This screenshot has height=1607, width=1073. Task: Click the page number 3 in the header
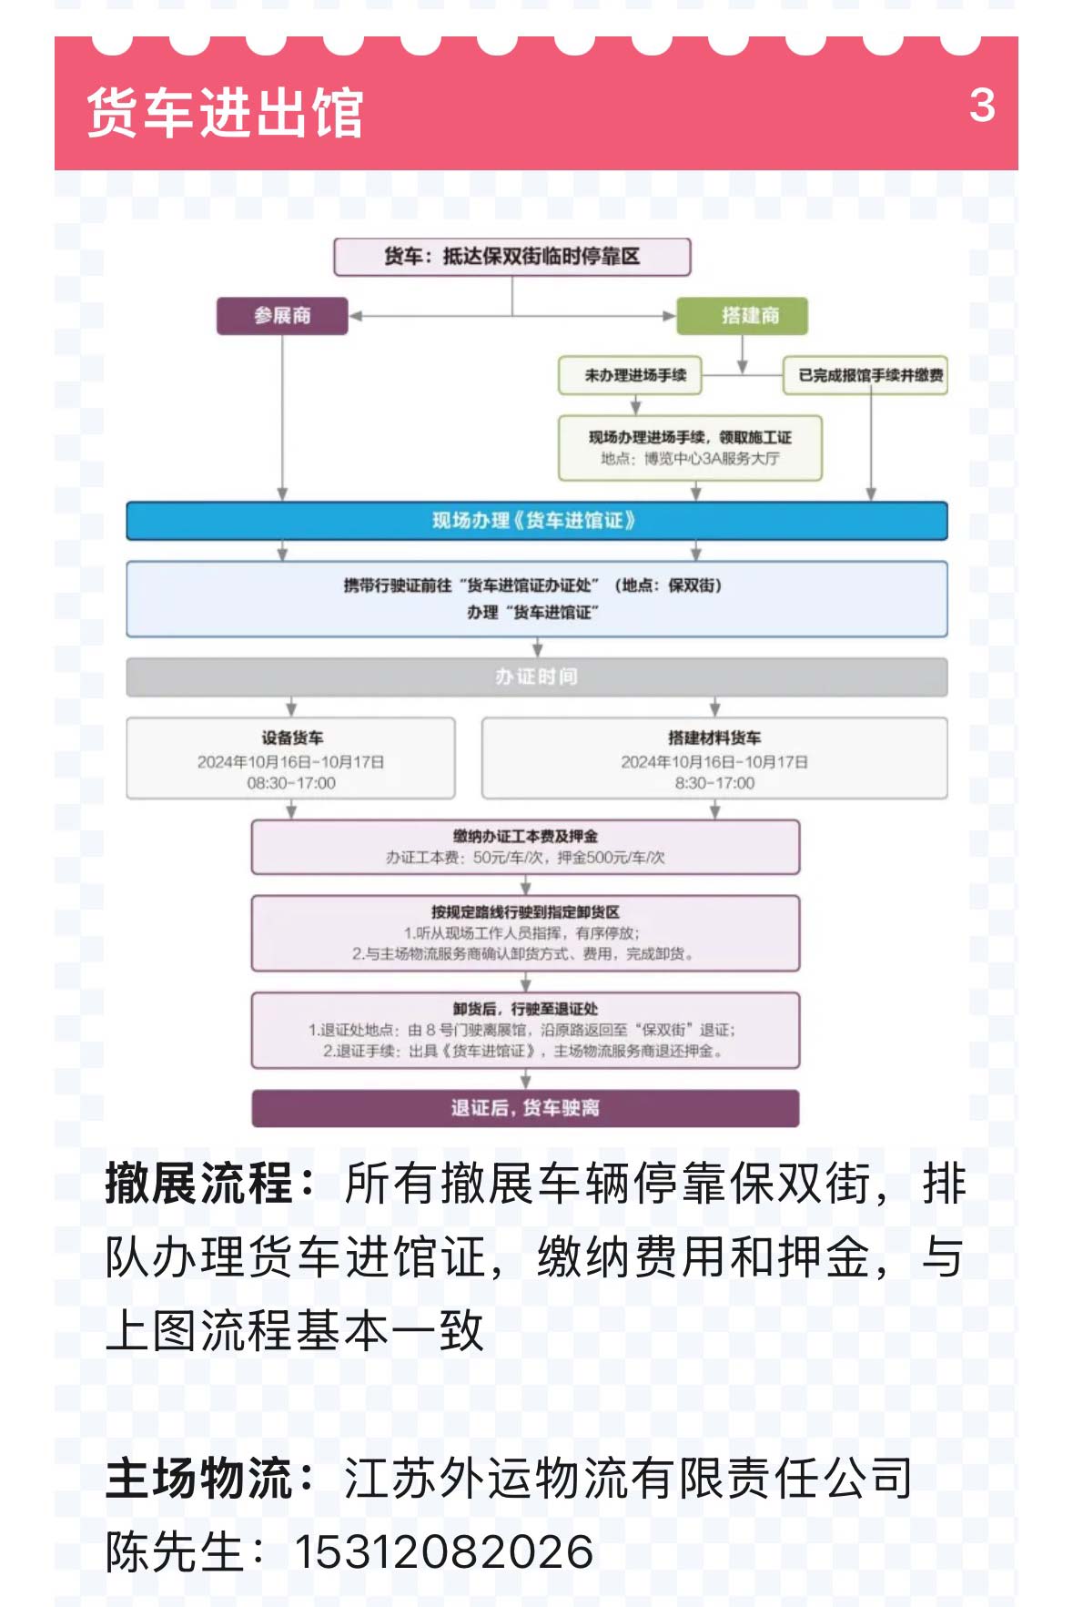coord(981,106)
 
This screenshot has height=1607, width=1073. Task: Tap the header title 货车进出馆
coord(225,113)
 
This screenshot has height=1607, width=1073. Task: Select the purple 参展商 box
coord(282,316)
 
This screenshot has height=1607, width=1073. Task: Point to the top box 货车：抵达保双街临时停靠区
coord(511,257)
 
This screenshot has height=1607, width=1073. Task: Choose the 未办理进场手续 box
coord(630,375)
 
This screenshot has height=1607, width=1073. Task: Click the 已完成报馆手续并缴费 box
coord(865,375)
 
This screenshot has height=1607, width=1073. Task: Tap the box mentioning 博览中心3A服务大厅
coord(690,448)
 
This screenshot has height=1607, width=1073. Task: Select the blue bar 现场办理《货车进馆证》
coord(536,521)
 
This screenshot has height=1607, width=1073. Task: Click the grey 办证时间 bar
coord(536,676)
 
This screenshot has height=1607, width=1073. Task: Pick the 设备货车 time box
coord(290,758)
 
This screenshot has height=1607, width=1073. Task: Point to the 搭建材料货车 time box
coord(714,758)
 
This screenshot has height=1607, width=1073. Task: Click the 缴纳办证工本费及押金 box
coord(525,847)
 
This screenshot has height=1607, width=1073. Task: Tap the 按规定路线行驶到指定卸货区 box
coord(525,933)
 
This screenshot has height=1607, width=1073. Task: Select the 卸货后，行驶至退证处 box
coord(525,1030)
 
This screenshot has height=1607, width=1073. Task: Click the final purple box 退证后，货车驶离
coord(525,1108)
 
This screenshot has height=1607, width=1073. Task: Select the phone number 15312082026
coord(443,1551)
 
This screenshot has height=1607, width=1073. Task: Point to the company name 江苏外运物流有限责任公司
coord(628,1477)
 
